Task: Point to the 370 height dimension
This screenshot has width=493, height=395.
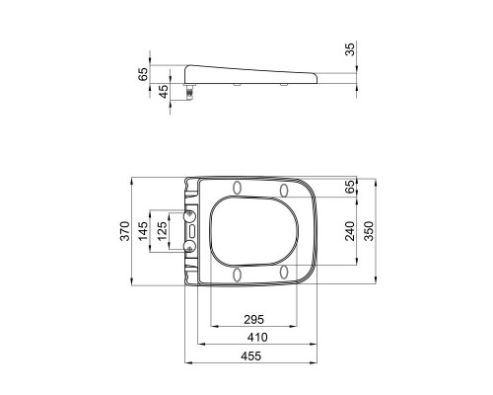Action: [125, 232]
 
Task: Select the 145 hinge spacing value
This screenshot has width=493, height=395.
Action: [142, 232]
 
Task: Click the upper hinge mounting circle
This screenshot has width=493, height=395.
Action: [190, 216]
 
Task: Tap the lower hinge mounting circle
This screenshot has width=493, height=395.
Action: [190, 247]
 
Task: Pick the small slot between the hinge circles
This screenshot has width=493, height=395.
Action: [192, 231]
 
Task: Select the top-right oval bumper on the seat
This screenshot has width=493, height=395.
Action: [283, 190]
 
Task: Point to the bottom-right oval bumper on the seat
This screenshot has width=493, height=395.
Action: [283, 274]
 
